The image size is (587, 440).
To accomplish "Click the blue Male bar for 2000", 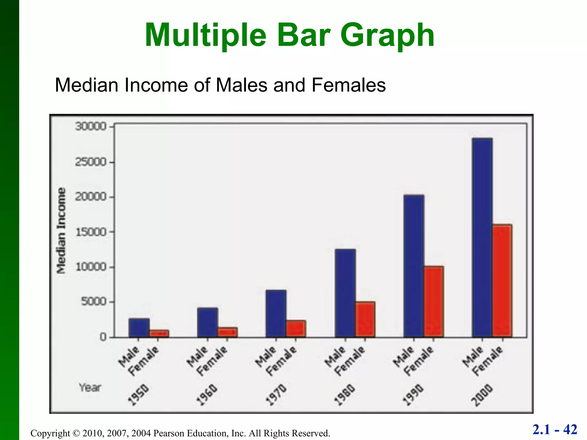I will [x=482, y=238].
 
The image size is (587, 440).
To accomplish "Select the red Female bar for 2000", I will [x=502, y=281].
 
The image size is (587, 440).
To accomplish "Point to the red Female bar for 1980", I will [x=365, y=319].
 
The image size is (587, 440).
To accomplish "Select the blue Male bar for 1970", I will [x=276, y=313].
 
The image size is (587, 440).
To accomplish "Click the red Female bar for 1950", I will [x=159, y=334].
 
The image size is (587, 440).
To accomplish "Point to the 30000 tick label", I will [x=90, y=126].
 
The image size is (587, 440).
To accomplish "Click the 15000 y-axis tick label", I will [x=90, y=232].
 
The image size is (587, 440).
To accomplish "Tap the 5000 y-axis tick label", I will [x=93, y=302].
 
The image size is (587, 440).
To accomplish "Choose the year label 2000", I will [x=482, y=395].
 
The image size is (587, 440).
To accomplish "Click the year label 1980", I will [x=345, y=395].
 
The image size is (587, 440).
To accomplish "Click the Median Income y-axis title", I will [x=61, y=231].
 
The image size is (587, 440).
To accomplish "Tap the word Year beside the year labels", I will [x=90, y=388].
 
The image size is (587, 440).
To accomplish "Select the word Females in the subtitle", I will [x=349, y=85].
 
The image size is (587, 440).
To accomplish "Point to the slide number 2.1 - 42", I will [x=555, y=429].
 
